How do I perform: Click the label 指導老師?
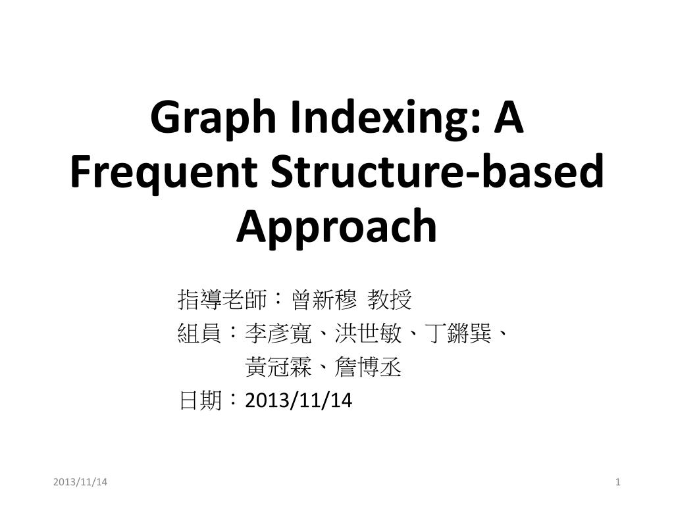coord(222,300)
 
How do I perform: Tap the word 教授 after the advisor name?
coord(390,300)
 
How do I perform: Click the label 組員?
coord(199,334)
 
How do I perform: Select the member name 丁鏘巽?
coord(457,334)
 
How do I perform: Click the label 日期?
coord(199,400)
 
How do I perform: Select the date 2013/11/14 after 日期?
coord(298,400)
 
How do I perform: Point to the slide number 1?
coord(618,483)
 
